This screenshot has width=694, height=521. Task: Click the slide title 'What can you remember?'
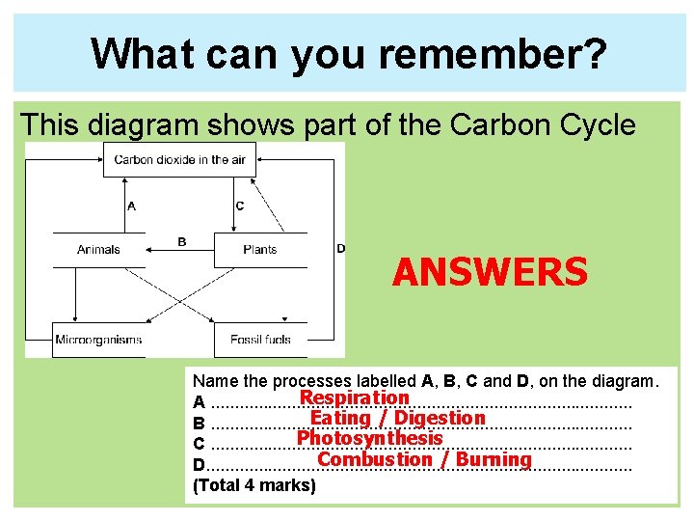(x=349, y=54)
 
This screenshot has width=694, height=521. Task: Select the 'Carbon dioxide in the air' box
(x=179, y=160)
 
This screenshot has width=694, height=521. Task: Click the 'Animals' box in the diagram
(x=98, y=250)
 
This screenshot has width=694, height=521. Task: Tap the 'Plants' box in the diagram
(x=260, y=250)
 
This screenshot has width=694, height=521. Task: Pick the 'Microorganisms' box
(x=98, y=340)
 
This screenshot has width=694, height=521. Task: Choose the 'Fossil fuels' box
(x=260, y=340)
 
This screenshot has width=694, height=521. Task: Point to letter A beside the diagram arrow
(x=131, y=206)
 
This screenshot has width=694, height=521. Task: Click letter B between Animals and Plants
(x=182, y=242)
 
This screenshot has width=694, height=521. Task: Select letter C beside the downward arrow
(x=240, y=206)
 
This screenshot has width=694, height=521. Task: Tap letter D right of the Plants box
(x=340, y=249)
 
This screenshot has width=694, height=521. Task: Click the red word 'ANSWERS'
(x=490, y=273)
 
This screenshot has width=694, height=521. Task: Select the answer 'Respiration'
(x=355, y=398)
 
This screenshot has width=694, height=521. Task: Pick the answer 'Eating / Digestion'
(x=397, y=418)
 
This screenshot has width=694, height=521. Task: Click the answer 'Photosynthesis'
(x=369, y=438)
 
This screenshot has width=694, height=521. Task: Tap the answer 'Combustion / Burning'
(x=424, y=459)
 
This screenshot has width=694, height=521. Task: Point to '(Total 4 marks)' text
(x=254, y=485)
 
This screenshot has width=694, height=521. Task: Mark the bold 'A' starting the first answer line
(x=199, y=402)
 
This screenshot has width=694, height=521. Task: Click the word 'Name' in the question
(x=213, y=382)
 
